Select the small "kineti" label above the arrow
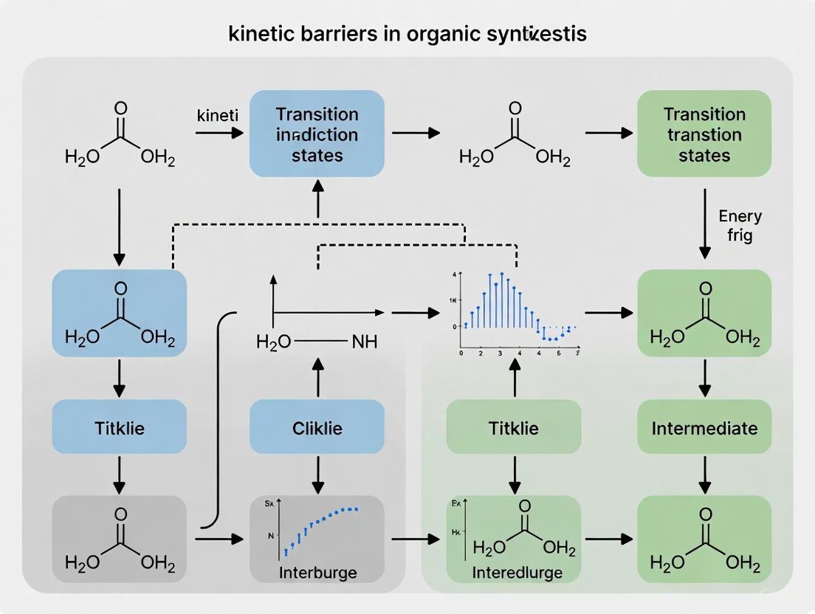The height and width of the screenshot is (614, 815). [216, 116]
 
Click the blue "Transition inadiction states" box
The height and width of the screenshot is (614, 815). [317, 134]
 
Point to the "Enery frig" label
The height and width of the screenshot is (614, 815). [739, 227]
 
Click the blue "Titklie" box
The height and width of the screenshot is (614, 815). [119, 427]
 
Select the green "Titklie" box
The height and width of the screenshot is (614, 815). [513, 427]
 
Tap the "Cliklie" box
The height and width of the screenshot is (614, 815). [317, 427]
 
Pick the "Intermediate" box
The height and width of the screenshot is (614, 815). [704, 427]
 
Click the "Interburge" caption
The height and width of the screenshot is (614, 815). [317, 572]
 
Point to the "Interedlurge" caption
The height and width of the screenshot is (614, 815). [517, 572]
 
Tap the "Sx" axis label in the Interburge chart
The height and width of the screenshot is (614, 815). [269, 504]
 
